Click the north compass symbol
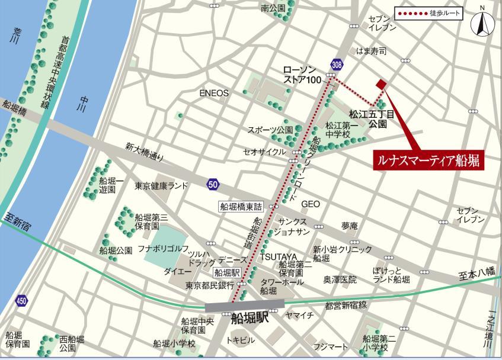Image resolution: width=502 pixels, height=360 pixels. point(482,23)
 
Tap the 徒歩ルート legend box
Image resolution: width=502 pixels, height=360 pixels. point(429,13)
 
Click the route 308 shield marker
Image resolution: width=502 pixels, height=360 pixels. point(337,65)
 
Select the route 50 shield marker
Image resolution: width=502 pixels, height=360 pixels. point(213,185)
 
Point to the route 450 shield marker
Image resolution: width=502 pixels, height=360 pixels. point(22,301)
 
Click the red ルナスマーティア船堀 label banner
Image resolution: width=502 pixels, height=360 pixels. point(430,159)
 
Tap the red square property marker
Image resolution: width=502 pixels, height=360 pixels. point(381,85)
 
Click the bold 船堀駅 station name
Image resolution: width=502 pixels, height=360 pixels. point(250,318)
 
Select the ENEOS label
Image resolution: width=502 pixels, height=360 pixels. point(214,93)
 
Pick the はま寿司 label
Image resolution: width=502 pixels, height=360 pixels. point(371,52)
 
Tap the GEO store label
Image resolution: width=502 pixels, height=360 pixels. point(310,204)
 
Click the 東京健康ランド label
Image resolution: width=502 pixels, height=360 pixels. point(161,186)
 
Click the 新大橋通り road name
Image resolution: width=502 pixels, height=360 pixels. point(144,155)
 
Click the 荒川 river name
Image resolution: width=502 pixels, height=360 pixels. point(15,37)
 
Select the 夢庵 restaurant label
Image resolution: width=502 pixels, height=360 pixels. point(349,226)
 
